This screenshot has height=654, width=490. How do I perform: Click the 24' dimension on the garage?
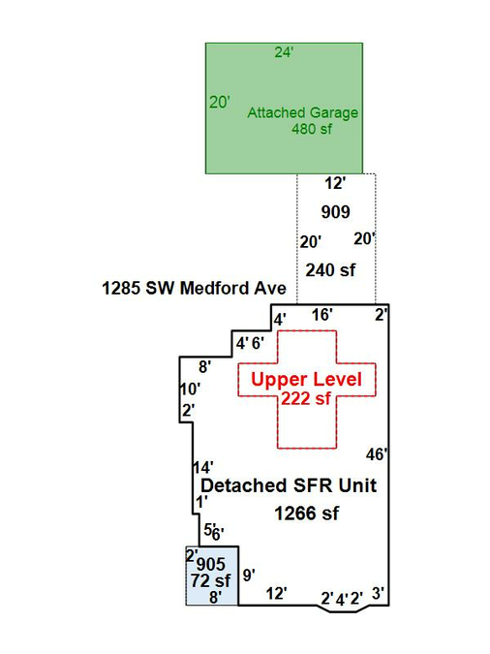284,52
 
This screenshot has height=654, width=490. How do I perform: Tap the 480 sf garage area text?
312,129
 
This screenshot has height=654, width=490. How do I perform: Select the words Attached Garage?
303,112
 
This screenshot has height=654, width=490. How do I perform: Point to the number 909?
335,212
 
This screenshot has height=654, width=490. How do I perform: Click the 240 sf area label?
330,270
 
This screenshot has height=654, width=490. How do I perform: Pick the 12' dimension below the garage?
335,183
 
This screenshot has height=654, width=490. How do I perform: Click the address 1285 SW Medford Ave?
194,288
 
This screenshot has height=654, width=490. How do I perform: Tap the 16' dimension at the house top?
322,315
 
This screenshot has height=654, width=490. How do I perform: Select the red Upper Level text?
307,380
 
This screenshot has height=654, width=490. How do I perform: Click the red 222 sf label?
306,399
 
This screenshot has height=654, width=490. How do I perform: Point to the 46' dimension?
377,454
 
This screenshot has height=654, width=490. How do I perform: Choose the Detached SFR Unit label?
289,485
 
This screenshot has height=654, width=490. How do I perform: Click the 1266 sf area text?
307,514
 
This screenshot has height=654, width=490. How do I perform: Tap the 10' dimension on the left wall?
190,389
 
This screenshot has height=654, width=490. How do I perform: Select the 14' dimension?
203,467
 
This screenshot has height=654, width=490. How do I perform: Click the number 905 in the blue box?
210,564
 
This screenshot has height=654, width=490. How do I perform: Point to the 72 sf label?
210,580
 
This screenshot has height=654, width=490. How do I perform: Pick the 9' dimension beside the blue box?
249,576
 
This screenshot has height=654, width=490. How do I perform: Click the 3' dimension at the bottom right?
378,594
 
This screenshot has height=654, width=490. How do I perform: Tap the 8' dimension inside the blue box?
215,597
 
